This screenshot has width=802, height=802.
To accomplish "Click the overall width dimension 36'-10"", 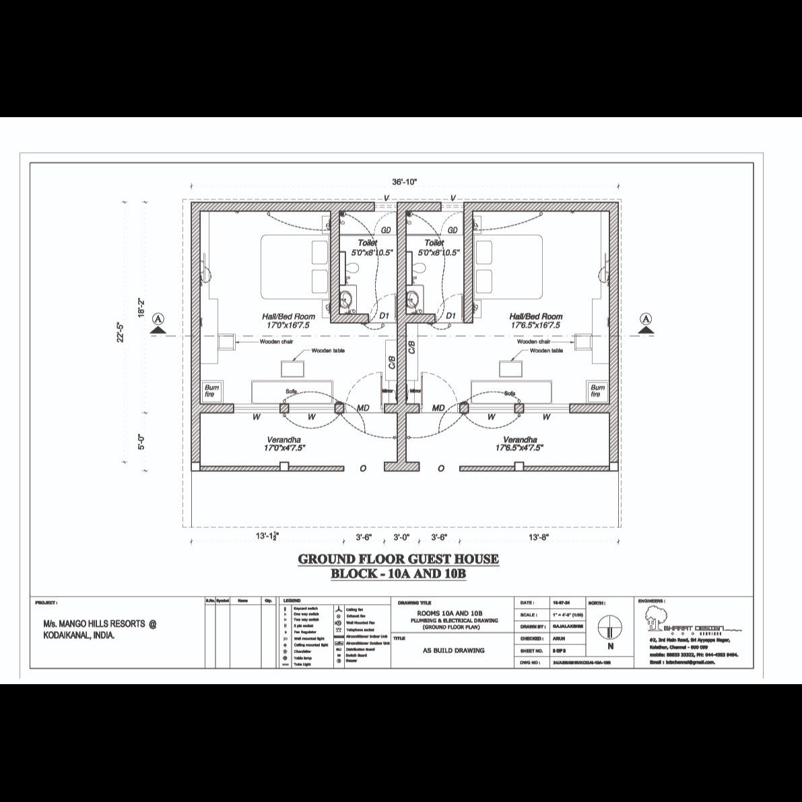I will (x=405, y=181).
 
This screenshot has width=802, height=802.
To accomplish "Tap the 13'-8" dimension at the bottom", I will (x=539, y=537).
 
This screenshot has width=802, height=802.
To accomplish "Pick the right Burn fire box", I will (x=597, y=391).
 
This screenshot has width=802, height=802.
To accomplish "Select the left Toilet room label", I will (x=368, y=242).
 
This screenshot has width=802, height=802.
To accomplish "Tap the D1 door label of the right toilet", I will (x=450, y=315).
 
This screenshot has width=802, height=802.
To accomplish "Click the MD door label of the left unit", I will (x=363, y=408).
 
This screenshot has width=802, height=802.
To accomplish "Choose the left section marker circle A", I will (x=159, y=319).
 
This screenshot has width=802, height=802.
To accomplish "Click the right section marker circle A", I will (x=646, y=319).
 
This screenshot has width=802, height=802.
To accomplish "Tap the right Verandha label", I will (x=519, y=439).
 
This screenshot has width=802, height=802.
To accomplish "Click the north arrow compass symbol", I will (x=610, y=626).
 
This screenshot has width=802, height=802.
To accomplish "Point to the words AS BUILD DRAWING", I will (x=453, y=650).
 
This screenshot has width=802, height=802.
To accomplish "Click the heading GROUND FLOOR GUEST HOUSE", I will (x=398, y=559).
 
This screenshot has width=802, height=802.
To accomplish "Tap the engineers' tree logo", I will (x=652, y=615).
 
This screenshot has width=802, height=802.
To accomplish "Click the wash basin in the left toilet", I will (x=347, y=297).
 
